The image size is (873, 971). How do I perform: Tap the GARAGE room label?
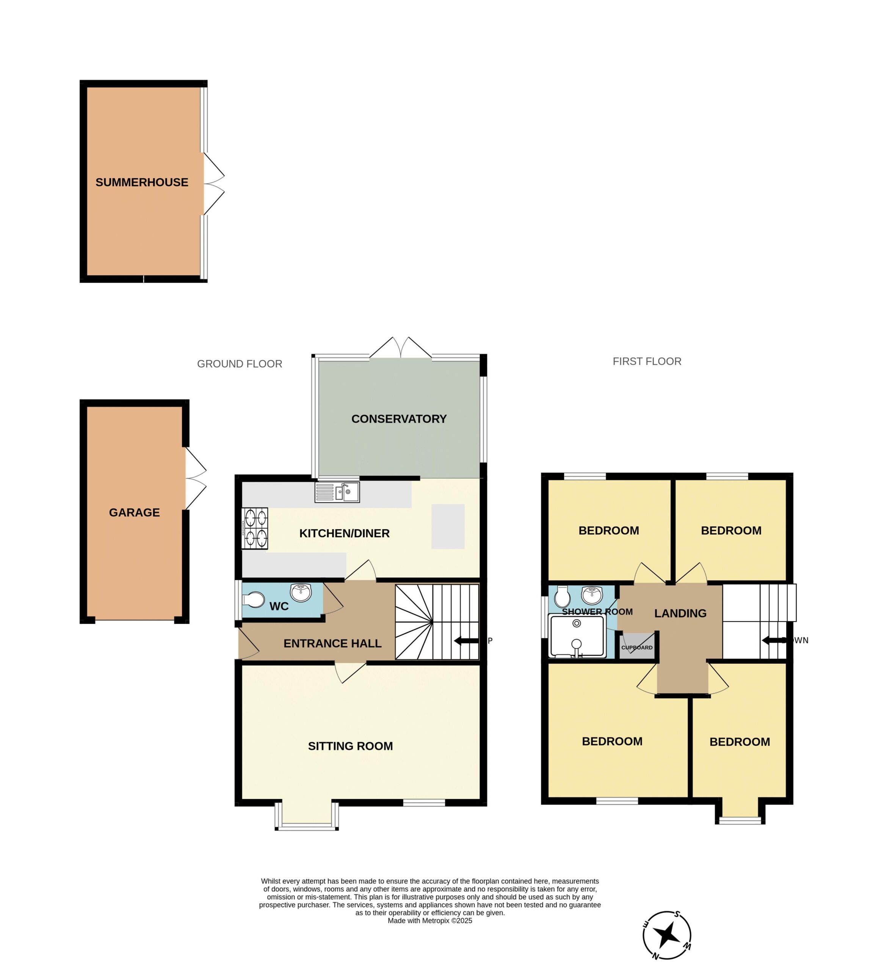coord(134,512)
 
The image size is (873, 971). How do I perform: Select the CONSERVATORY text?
coord(399,419)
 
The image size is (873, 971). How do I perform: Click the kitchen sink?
coord(337,492)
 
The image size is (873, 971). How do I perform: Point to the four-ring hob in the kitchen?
coord(255,528)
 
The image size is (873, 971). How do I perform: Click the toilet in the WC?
coord(253,600)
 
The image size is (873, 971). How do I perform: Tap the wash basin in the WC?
coord(301,593)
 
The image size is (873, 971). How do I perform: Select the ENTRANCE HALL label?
coord(332,644)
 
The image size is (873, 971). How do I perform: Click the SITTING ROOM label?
coord(350,746)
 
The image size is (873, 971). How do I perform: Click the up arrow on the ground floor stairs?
coord(466,641)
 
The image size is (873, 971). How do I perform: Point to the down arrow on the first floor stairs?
coord(774,640)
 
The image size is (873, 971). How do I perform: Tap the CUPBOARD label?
coord(636,647)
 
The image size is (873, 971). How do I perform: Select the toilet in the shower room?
coord(562,597)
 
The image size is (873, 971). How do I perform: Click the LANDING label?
coord(680,613)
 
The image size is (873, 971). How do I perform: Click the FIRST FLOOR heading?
coord(647,361)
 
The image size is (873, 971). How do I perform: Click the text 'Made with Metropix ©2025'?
coord(430,921)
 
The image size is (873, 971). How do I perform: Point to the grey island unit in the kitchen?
coord(448,526)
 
